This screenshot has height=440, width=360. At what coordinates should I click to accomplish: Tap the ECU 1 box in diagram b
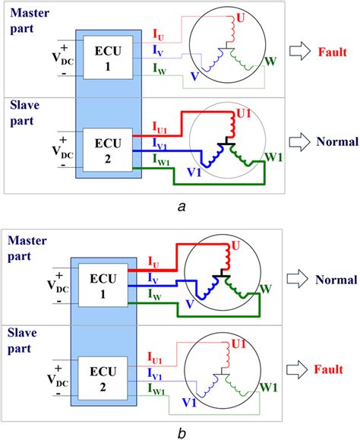pos(108,282)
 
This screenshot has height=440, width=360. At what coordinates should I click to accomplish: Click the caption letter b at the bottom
pos(179,432)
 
